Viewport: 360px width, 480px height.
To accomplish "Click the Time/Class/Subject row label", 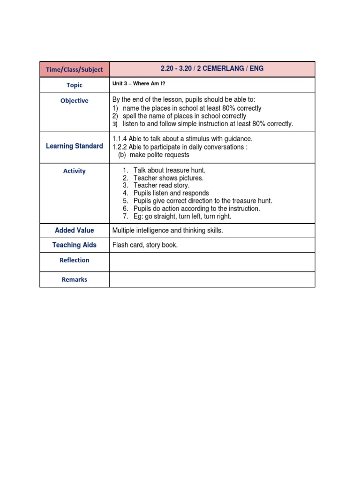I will (74, 69).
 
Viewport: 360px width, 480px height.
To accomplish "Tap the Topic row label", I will (74, 85).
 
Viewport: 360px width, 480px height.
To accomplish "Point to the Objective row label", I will (74, 101).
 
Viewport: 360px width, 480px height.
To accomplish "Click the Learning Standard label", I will (74, 146).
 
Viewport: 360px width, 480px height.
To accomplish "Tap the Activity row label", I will (74, 171).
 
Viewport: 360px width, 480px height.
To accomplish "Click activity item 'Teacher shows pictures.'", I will (168, 178).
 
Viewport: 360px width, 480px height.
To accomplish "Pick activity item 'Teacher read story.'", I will (161, 186).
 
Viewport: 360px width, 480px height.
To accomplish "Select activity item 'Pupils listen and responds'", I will (171, 193).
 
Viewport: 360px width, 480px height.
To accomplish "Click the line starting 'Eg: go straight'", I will (182, 216).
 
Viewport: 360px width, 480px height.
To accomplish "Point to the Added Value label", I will (74, 231).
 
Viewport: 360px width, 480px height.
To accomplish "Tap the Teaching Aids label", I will (74, 245).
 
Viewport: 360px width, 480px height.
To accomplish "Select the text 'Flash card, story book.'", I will (145, 245).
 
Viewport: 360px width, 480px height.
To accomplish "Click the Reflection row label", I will (74, 260).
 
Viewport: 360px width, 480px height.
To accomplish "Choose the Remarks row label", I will (74, 280).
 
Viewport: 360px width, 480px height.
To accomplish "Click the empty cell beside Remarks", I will (212, 280).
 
